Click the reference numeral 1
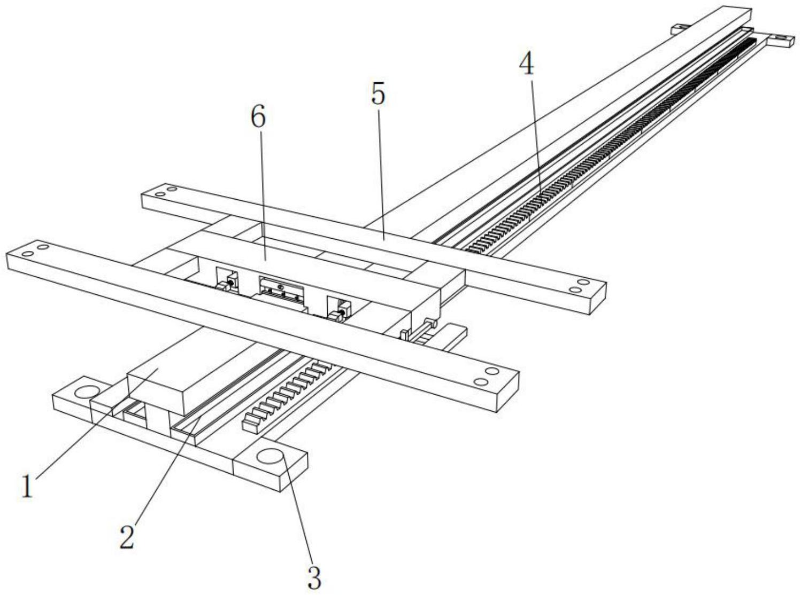pos(27,487)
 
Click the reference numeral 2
pos(127,537)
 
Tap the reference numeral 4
pos(527,65)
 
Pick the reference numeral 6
pos(258,117)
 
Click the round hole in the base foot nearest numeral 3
pos(270,457)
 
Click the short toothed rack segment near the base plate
pos(286,397)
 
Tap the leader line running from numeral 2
pos(166,471)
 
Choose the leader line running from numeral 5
pos(381,173)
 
